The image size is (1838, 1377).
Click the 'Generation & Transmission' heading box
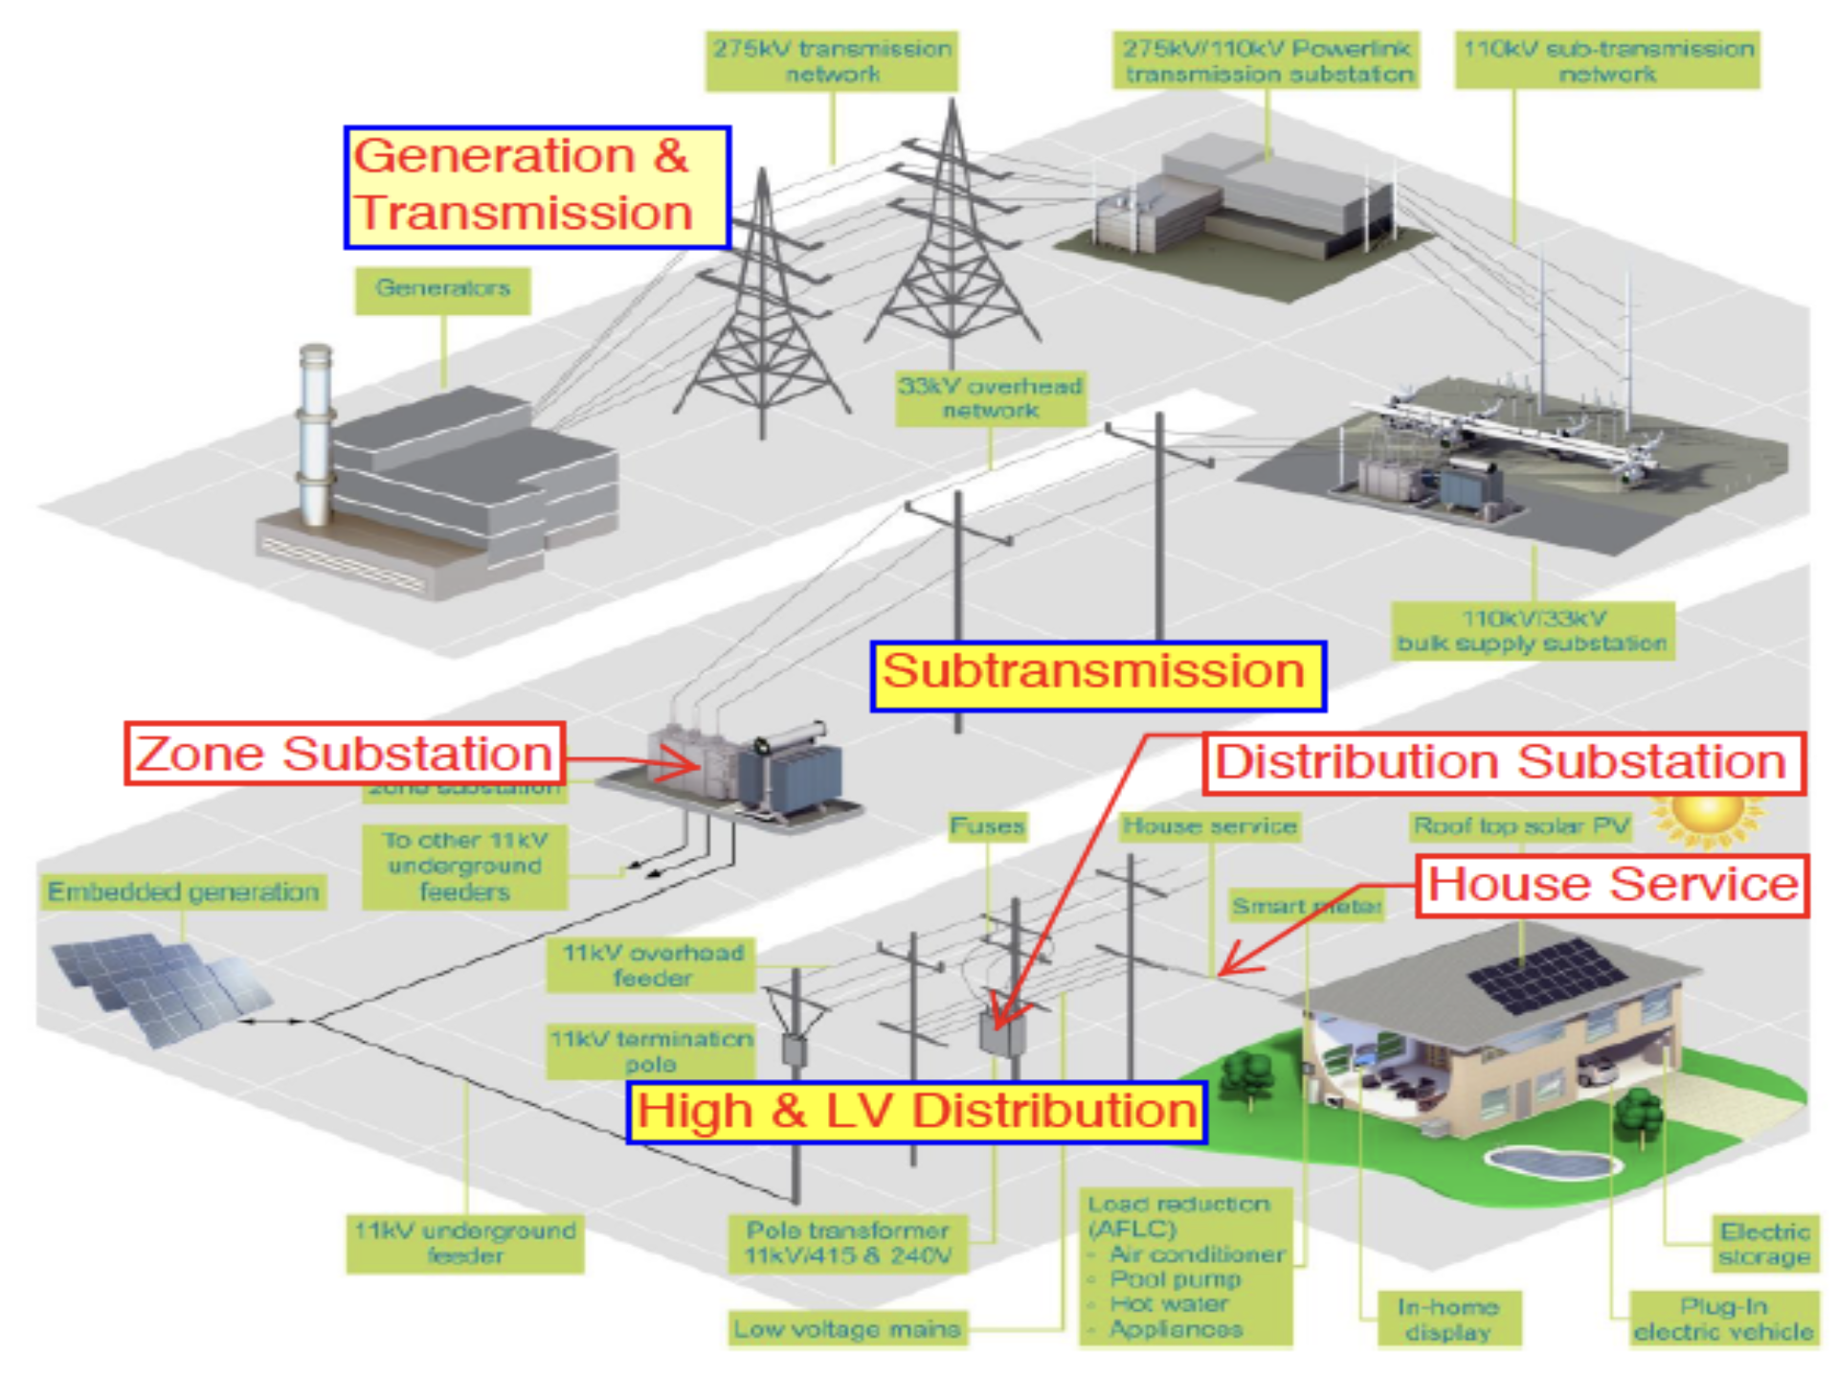click(x=537, y=187)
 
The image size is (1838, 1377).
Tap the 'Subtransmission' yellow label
click(x=1097, y=675)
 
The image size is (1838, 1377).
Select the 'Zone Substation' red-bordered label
click(x=345, y=754)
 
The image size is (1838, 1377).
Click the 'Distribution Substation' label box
click(x=1503, y=763)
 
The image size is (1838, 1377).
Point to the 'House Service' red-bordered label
click(x=1611, y=886)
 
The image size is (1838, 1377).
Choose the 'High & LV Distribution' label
click(x=916, y=1112)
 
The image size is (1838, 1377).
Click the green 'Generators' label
click(x=442, y=289)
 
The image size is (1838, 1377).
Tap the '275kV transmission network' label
click(x=831, y=61)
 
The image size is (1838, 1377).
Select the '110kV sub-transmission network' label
click(x=1607, y=61)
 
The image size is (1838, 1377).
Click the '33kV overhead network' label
click(x=990, y=398)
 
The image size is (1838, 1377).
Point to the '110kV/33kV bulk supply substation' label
click(x=1532, y=631)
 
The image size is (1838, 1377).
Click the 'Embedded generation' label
click(x=183, y=892)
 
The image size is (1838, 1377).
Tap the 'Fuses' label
click(x=987, y=826)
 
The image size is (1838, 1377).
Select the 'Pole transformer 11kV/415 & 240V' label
click(x=848, y=1243)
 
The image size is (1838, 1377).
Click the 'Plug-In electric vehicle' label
click(x=1723, y=1320)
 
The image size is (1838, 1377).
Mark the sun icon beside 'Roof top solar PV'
click(x=1708, y=814)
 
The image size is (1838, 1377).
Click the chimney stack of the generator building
click(x=315, y=431)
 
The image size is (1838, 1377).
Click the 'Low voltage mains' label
click(x=846, y=1329)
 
